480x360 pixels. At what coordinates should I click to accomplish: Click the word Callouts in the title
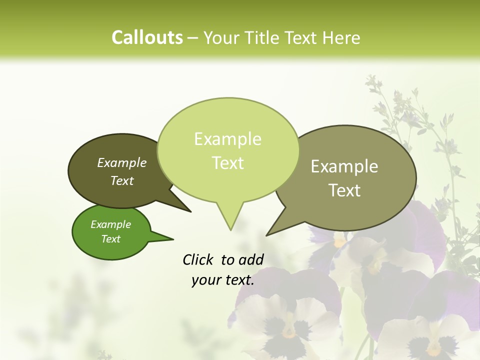pyautogui.click(x=147, y=37)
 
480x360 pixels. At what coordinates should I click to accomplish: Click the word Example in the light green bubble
pyautogui.click(x=227, y=139)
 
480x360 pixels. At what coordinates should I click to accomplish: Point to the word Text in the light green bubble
pyautogui.click(x=228, y=163)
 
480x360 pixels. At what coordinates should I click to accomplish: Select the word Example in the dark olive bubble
pyautogui.click(x=122, y=162)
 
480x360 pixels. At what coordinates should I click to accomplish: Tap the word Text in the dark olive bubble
pyautogui.click(x=122, y=180)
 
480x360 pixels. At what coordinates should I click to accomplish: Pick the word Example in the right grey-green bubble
pyautogui.click(x=344, y=166)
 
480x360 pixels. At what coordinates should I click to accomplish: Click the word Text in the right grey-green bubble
pyautogui.click(x=344, y=190)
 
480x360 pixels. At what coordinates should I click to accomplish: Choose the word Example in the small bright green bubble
pyautogui.click(x=110, y=224)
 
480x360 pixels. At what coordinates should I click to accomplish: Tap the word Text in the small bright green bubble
pyautogui.click(x=110, y=239)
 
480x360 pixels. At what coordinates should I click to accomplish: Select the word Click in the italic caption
pyautogui.click(x=199, y=259)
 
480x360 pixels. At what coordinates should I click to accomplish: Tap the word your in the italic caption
pyautogui.click(x=206, y=280)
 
